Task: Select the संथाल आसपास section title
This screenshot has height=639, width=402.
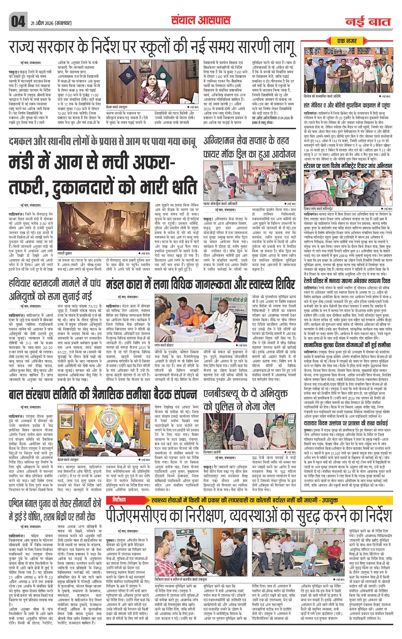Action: pos(200,21)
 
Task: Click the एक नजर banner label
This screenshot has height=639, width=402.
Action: pos(347,41)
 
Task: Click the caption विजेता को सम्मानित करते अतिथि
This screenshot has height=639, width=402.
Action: pos(322,96)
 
